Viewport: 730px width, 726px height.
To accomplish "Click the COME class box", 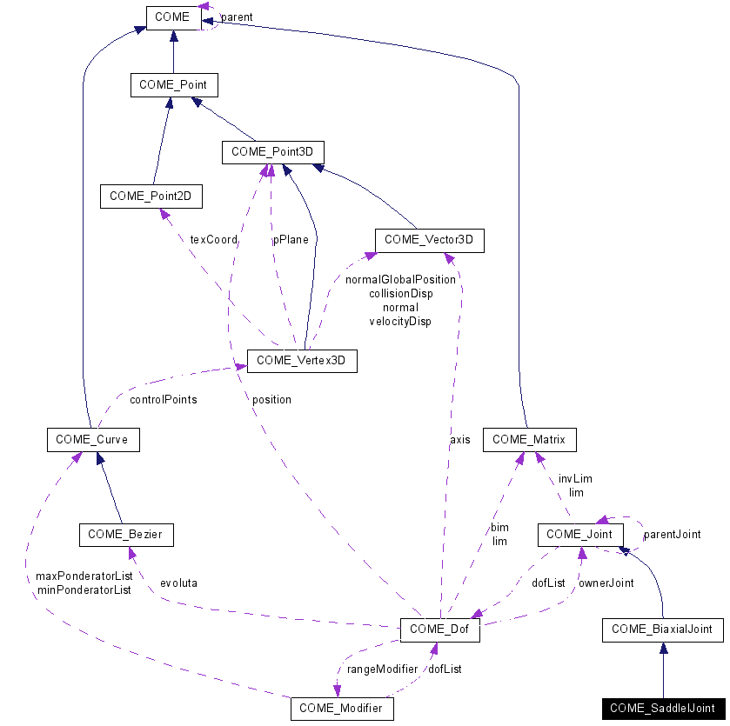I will [x=173, y=17].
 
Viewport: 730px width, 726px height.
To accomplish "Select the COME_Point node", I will [x=173, y=84].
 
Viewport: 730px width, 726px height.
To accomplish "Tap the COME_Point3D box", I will [x=272, y=152].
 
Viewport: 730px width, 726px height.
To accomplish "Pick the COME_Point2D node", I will [x=151, y=196].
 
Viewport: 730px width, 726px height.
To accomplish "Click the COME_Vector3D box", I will [x=429, y=240].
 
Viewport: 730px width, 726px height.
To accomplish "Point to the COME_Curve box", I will [x=92, y=439].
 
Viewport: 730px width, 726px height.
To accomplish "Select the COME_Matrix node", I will [x=529, y=439].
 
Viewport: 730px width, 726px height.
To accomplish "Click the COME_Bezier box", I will [x=125, y=535].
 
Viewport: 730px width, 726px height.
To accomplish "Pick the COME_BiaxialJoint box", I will [x=662, y=629].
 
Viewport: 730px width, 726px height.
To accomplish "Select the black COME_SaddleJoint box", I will [x=662, y=708].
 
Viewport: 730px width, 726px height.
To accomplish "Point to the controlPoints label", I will [x=163, y=400].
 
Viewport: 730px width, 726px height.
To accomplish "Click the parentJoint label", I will [x=672, y=535].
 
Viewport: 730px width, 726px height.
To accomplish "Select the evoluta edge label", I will [x=177, y=583].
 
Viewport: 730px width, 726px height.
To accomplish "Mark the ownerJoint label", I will [x=606, y=583].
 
